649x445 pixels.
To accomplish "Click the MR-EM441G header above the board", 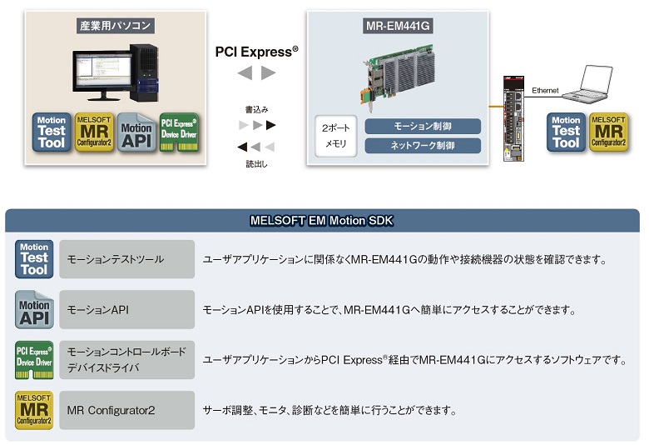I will point(393,26).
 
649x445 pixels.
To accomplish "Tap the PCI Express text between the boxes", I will point(256,52).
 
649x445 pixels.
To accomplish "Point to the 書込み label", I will point(256,110).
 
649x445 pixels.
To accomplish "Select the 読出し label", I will point(256,164).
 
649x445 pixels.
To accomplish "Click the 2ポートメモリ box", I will point(336,137).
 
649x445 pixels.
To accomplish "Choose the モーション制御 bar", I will point(423,127).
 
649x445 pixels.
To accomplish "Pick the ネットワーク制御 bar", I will point(423,146).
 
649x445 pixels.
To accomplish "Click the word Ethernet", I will point(545,89).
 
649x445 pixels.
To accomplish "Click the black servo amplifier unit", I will point(510,117).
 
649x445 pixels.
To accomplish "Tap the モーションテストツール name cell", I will point(126,259).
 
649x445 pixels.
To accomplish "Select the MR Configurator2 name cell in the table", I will point(126,410).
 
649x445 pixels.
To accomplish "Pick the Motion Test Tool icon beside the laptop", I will point(566,132).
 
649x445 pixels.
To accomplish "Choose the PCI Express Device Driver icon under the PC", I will point(179,132).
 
